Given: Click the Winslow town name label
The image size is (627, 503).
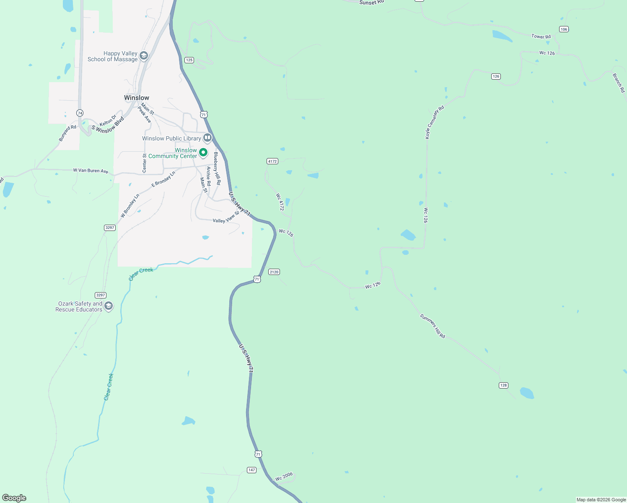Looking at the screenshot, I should tap(137, 98).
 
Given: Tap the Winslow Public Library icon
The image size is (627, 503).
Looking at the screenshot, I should tap(207, 138).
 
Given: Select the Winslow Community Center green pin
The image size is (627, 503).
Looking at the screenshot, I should tap(203, 153).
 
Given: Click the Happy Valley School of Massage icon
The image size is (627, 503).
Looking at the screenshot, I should tap(144, 56).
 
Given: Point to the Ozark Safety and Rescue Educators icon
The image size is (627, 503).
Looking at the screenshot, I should tap(109, 306).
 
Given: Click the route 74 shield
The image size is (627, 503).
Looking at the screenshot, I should tap(80, 113).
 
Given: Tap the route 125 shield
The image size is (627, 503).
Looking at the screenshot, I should tap(189, 60).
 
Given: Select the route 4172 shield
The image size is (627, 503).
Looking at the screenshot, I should tap(272, 161).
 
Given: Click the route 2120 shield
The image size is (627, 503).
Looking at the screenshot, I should tap(274, 272).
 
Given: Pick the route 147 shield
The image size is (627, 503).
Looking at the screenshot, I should tap(251, 470).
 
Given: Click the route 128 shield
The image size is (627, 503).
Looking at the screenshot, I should tap(503, 385).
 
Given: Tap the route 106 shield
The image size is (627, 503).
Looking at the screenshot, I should tap(564, 29).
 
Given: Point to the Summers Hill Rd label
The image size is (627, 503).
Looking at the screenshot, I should tap(433, 326).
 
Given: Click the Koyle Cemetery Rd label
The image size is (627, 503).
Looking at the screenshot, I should tap(434, 122).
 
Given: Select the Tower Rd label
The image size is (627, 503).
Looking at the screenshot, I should tap(541, 36).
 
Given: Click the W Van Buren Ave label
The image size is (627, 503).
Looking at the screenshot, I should tap(91, 171).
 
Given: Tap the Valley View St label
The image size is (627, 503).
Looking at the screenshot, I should tap(226, 218).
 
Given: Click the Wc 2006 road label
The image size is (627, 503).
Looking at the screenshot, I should tap(284, 477).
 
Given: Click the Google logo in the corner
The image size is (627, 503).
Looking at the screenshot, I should tap(14, 498).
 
